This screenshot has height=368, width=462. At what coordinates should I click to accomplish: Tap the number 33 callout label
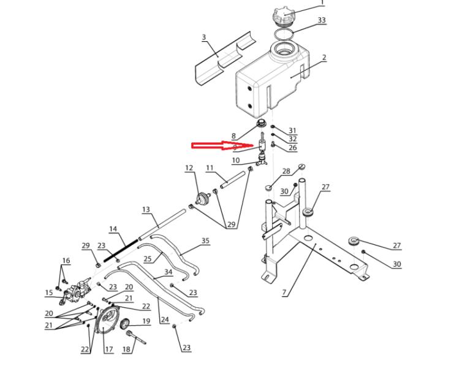(x=322, y=20)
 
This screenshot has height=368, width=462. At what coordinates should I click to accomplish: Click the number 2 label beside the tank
(x=324, y=58)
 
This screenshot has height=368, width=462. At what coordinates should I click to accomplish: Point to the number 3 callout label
(x=204, y=37)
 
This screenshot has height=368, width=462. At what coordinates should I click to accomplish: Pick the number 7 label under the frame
(x=284, y=293)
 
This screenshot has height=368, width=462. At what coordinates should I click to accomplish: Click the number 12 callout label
(x=189, y=168)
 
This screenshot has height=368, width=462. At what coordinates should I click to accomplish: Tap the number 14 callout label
(x=113, y=229)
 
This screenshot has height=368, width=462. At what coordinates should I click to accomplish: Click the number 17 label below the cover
(x=108, y=350)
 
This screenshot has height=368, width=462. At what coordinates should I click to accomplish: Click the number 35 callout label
(x=205, y=241)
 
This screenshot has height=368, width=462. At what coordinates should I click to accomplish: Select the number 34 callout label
(x=168, y=271)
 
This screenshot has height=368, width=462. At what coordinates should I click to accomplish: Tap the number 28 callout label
(x=286, y=171)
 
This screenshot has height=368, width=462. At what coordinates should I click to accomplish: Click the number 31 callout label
(x=292, y=131)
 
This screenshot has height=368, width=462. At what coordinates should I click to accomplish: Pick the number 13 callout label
(x=146, y=210)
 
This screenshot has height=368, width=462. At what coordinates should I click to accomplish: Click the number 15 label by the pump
(x=49, y=293)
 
